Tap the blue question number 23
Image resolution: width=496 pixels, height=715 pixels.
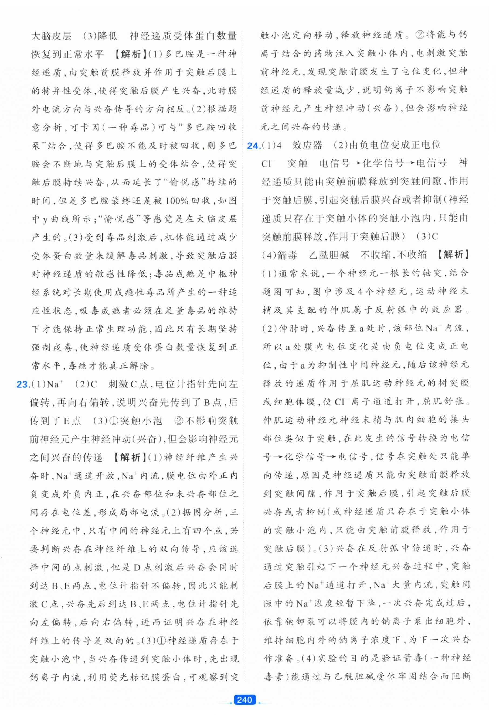coord(22,385)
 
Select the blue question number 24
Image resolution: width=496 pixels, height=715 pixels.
coord(254,145)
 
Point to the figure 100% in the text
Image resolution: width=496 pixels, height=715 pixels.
coord(176,201)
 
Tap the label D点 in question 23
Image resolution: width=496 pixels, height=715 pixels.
coord(143,567)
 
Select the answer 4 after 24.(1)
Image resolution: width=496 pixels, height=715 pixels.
coord(279,145)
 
